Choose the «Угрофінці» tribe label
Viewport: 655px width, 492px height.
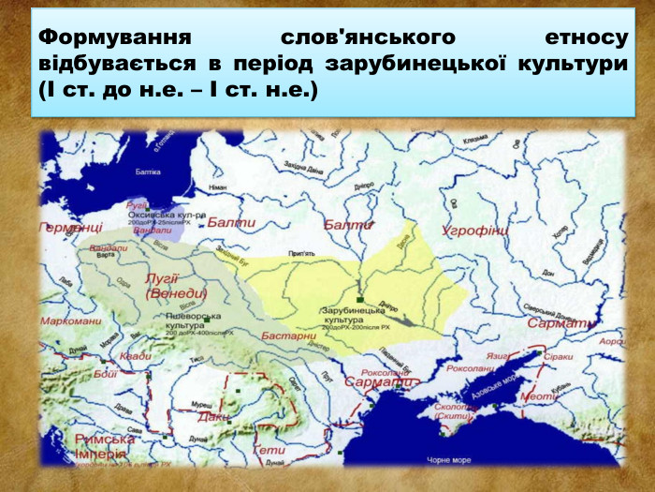pos(475,230)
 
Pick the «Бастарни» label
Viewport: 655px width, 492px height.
pos(288,335)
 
